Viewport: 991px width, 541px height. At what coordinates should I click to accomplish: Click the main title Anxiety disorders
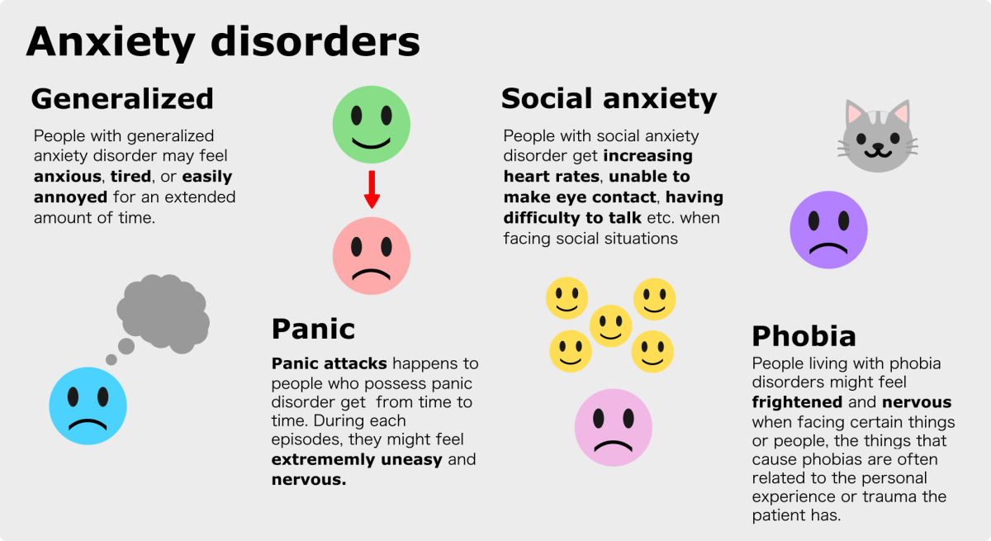pos(223,43)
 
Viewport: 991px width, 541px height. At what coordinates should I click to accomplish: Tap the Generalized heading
pos(122,98)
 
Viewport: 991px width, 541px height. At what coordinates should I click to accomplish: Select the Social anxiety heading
pos(609,100)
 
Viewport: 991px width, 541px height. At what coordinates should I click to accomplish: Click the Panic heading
pos(313,329)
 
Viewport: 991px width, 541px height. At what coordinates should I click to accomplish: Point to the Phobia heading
pos(804,336)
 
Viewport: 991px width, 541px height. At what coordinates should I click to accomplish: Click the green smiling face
pos(372,125)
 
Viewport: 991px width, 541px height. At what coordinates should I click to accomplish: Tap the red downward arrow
pos(372,189)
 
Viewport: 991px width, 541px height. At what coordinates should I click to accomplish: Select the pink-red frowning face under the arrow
pos(372,256)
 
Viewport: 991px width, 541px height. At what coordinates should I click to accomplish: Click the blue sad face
pos(88,406)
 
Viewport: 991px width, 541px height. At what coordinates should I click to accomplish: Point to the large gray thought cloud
pos(163,313)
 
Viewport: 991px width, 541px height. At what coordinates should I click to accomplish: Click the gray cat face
pos(878,136)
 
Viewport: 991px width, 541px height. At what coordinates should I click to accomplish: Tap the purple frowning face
pos(828,230)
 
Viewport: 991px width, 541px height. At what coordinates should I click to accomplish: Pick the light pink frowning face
pos(613,427)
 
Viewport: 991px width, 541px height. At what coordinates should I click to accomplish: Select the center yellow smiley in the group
pos(610,326)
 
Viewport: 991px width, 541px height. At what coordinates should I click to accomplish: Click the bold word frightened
pos(797,402)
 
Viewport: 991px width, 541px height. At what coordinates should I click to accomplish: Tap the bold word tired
pos(131,177)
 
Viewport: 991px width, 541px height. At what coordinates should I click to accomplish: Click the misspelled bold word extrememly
pos(323,459)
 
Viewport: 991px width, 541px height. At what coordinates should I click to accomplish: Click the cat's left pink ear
pos(854,113)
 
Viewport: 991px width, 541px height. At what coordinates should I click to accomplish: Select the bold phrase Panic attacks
pos(330,363)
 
